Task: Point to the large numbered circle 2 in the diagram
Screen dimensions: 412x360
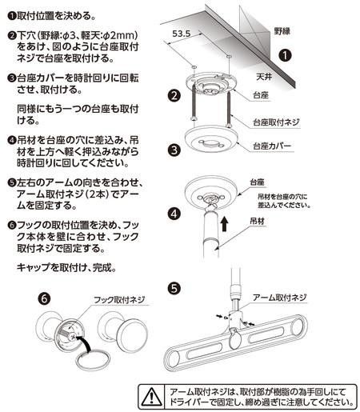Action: point(175,96)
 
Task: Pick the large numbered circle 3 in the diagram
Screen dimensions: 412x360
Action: point(175,150)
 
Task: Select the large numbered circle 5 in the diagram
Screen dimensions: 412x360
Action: point(174,286)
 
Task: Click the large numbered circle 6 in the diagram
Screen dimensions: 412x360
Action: point(46,297)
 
